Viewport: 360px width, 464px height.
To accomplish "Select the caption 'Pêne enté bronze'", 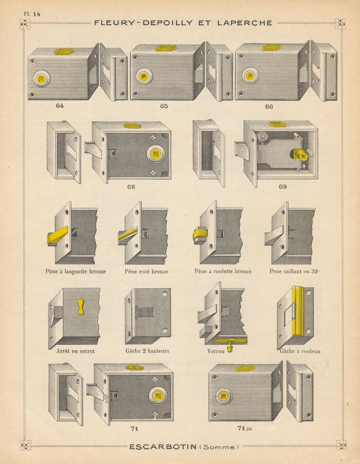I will pyautogui.click(x=146, y=271).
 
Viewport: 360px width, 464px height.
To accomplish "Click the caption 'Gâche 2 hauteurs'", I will pyautogui.click(x=148, y=351).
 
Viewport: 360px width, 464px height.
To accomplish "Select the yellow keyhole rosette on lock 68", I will pyautogui.click(x=155, y=154).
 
